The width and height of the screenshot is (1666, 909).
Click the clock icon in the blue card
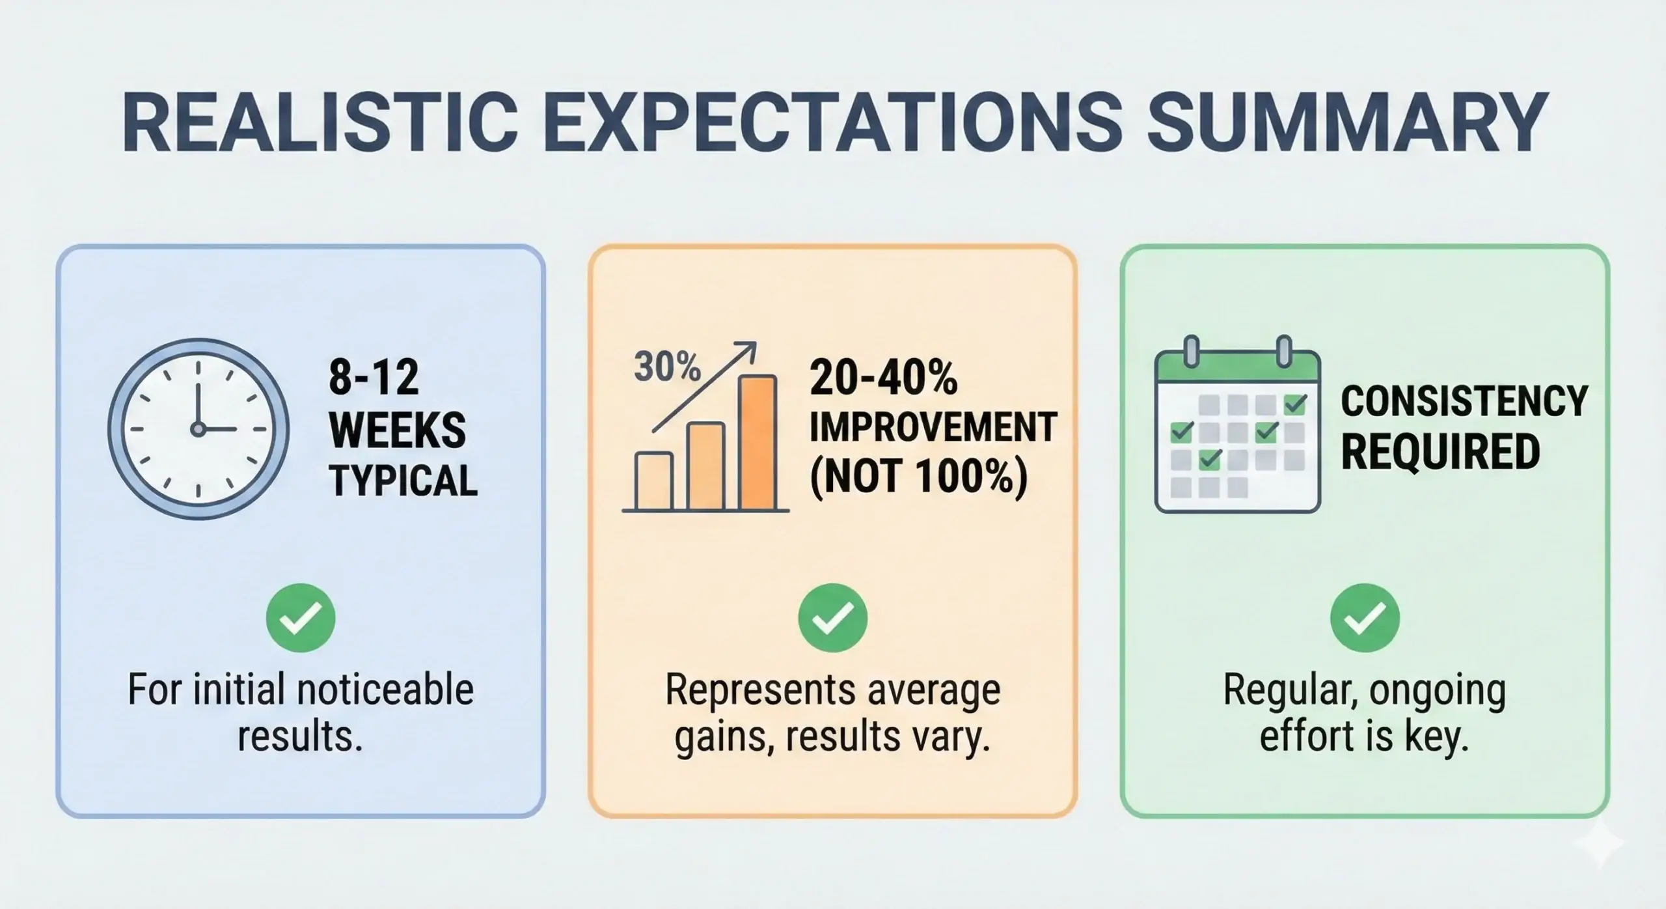[198, 428]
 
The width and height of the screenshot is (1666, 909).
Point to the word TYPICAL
[403, 481]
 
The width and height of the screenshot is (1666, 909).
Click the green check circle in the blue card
[301, 618]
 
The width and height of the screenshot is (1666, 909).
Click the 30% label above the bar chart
[666, 368]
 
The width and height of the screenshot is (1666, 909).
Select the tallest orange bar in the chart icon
[758, 443]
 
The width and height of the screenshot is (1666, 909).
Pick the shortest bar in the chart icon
[654, 481]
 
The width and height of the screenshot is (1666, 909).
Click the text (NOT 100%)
[918, 478]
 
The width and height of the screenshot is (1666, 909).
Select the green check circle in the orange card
[832, 618]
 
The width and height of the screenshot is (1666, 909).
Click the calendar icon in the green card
[1237, 433]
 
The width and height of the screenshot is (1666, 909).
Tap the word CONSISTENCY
[1464, 401]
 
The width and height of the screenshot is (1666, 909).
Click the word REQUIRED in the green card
[1440, 452]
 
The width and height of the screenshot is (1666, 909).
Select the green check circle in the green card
[1365, 618]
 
